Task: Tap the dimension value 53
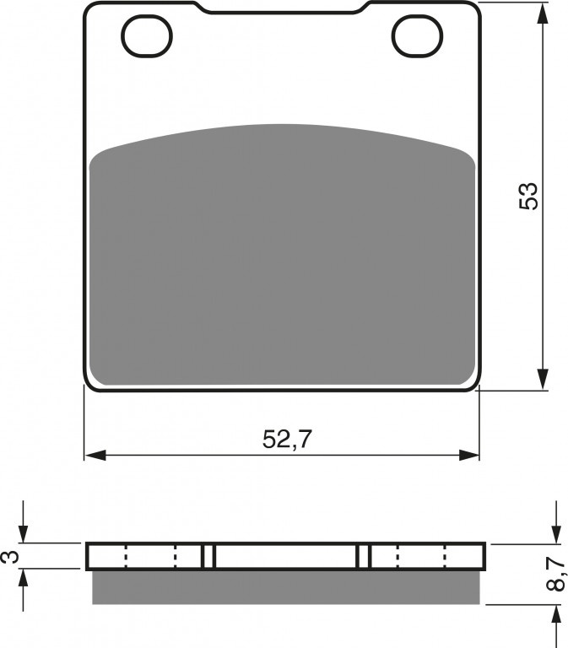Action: tap(528, 196)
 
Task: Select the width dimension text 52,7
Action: tap(286, 440)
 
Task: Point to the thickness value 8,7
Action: tap(557, 574)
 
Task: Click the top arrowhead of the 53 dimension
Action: tap(544, 13)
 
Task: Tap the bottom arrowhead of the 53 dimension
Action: tap(544, 380)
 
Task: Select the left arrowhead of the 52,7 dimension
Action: tap(95, 455)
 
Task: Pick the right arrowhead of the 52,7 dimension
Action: tap(468, 455)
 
